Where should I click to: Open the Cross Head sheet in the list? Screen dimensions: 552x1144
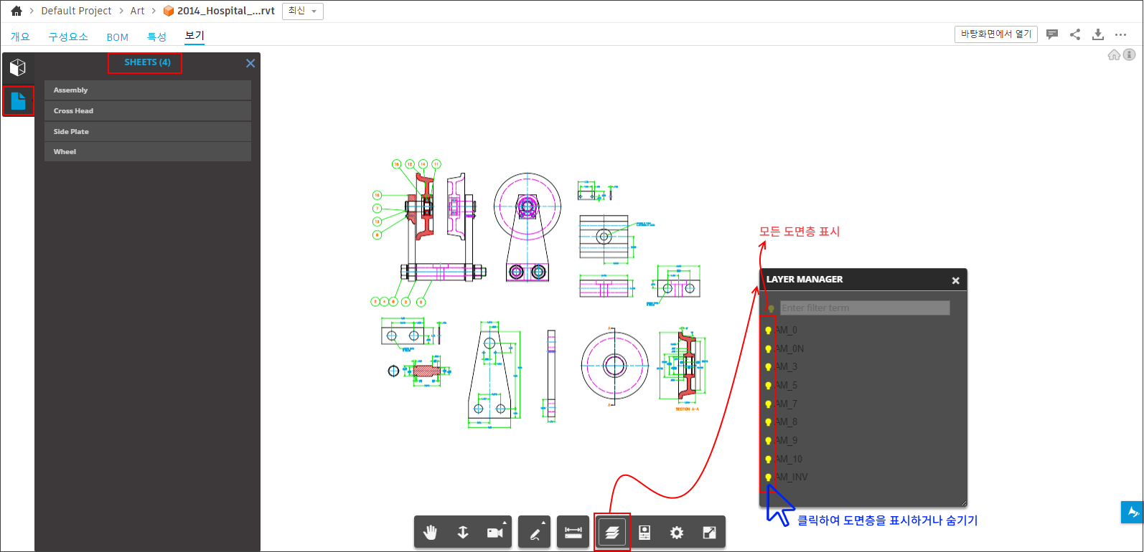[x=147, y=110]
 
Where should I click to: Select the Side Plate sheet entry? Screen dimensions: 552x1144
[x=147, y=131]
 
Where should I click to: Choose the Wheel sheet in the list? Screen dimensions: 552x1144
[x=147, y=151]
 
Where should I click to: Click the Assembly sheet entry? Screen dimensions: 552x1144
[x=147, y=90]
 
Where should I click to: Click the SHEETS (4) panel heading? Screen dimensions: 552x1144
[x=147, y=62]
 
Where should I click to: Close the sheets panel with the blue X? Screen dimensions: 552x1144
[x=250, y=63]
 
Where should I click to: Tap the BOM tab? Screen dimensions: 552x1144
[x=117, y=37]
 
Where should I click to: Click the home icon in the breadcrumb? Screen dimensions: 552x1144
[x=17, y=11]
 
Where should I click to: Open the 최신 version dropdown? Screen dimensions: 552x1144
[x=302, y=11]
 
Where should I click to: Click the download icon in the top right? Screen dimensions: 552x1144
[x=1097, y=34]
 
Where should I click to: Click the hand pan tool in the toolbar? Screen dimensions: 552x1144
[x=430, y=532]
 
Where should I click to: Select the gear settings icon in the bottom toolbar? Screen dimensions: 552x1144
[x=677, y=532]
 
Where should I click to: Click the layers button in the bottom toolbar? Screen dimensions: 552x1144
[x=611, y=532]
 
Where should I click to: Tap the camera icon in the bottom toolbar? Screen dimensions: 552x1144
[x=494, y=532]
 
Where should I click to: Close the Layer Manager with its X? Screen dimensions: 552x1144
[x=955, y=280]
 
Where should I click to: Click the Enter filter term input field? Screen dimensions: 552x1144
[x=864, y=308]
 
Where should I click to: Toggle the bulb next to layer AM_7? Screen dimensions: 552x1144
[x=768, y=404]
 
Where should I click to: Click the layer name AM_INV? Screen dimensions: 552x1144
[x=792, y=477]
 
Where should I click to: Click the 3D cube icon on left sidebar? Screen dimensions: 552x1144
[x=18, y=67]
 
